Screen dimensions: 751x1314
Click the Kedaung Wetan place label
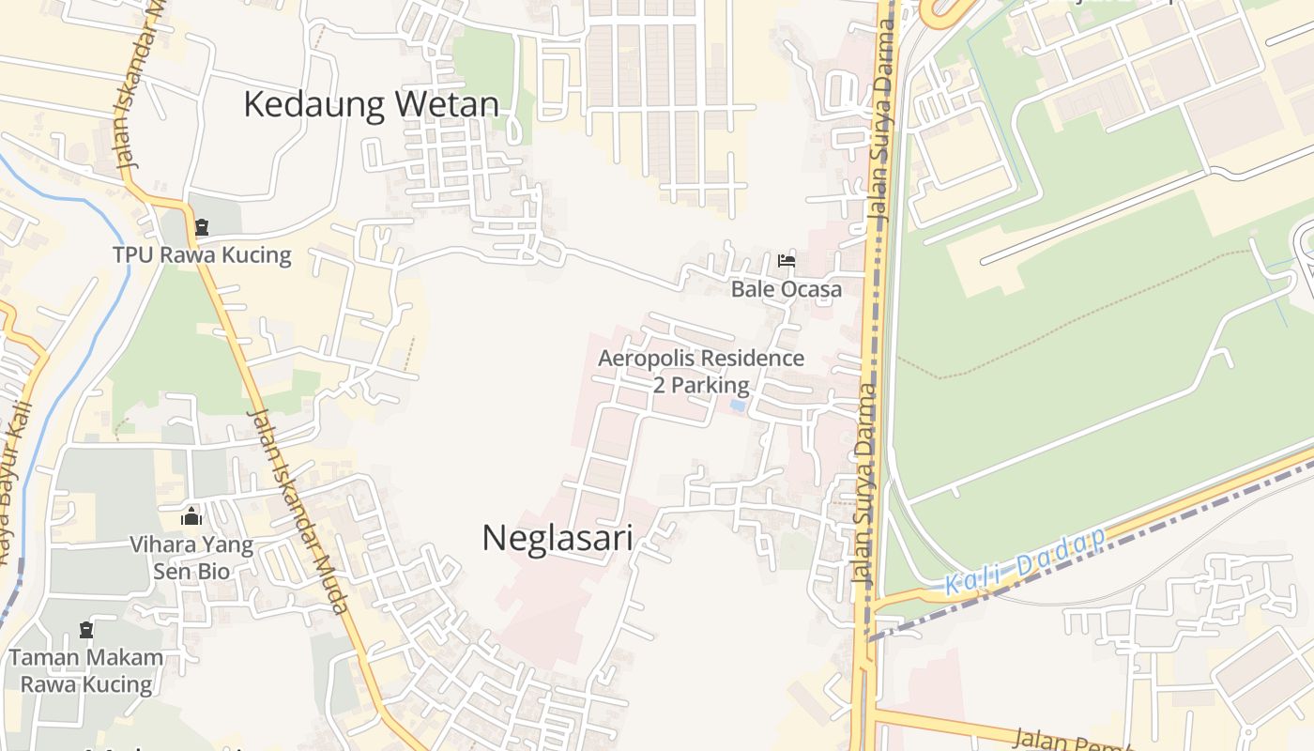point(371,104)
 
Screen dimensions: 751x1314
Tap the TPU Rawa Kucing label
point(202,254)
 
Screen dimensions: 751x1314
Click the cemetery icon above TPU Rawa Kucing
point(201,227)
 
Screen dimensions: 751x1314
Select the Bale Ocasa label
point(787,288)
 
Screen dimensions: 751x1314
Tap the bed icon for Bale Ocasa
point(787,260)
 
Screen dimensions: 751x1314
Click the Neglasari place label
point(557,538)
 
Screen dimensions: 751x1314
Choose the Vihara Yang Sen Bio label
point(191,558)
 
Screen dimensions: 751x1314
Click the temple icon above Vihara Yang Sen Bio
point(191,516)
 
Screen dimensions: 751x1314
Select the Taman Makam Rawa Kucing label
point(86,670)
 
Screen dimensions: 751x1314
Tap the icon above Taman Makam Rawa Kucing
point(87,629)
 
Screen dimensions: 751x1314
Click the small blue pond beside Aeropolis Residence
point(738,406)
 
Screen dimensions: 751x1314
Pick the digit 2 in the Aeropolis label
point(661,384)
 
